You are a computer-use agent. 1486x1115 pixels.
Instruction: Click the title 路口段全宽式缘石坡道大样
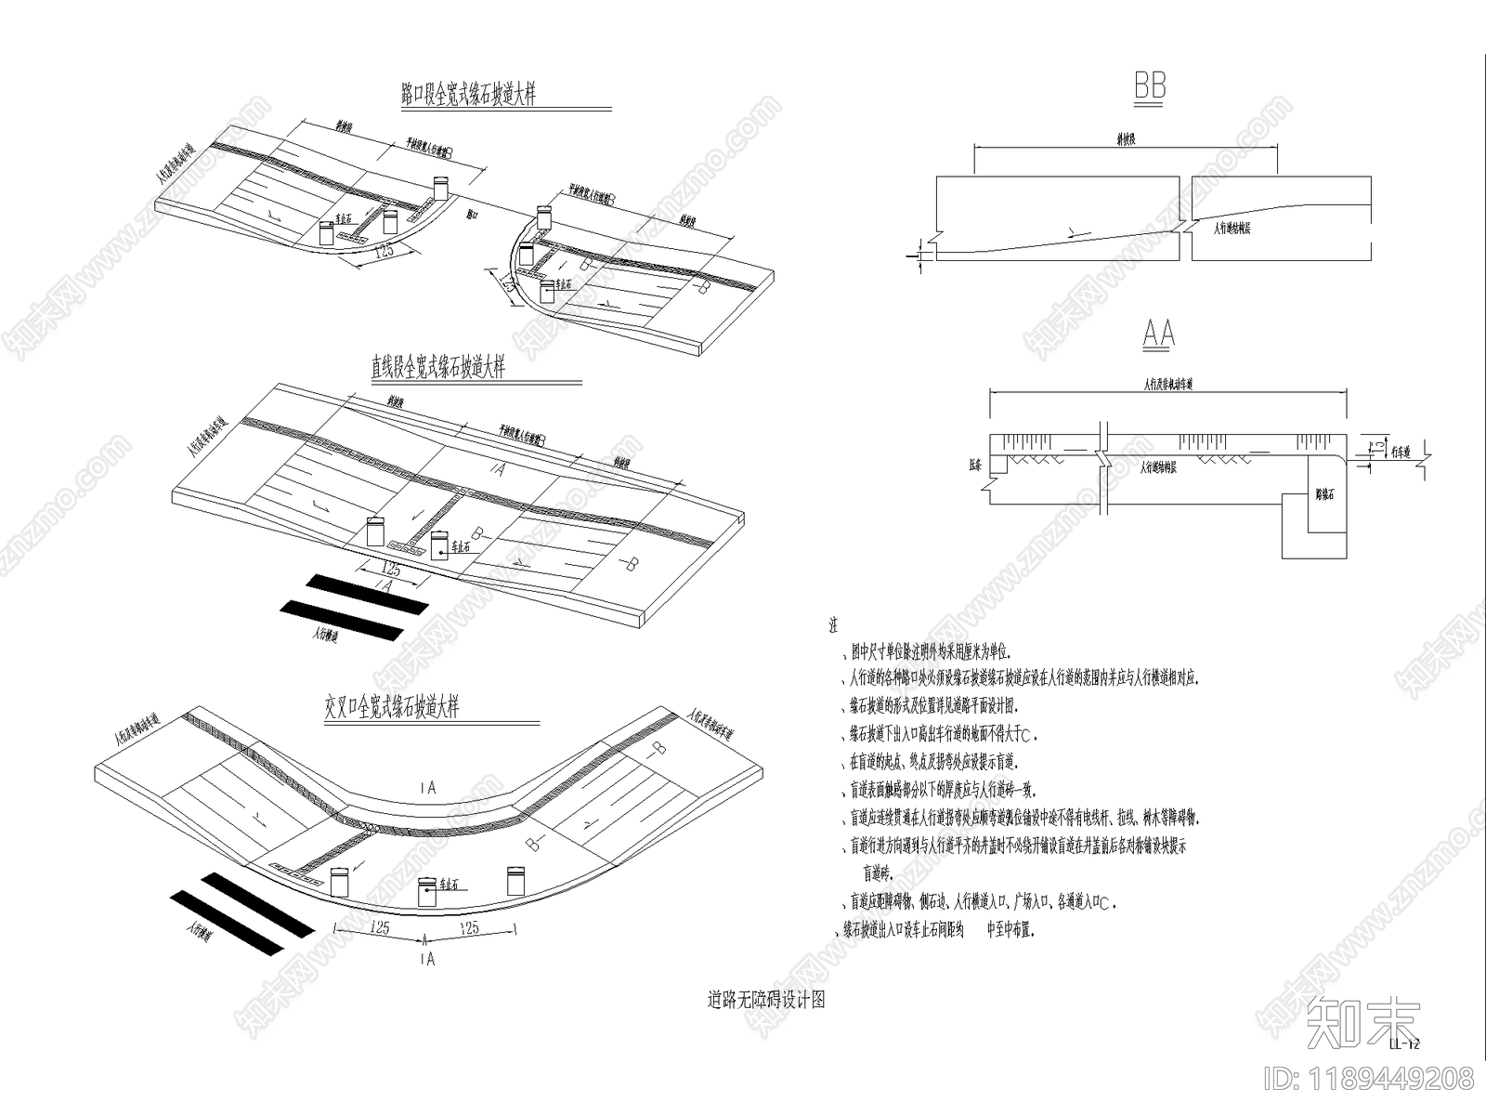(468, 95)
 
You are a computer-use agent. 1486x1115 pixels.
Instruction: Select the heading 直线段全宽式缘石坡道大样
(437, 368)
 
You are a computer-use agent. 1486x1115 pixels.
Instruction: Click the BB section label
(1150, 87)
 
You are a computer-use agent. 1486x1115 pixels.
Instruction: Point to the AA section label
(1158, 334)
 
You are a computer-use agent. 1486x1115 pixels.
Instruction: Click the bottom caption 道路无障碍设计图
(766, 1000)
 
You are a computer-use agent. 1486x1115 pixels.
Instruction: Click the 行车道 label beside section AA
(1401, 453)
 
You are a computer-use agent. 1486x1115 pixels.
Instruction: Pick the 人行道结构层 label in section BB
(1232, 228)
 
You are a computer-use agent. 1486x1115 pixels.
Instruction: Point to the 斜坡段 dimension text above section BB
(1126, 138)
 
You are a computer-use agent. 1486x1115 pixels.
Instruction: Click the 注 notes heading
(833, 626)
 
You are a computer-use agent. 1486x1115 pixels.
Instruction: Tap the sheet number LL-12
(1404, 1043)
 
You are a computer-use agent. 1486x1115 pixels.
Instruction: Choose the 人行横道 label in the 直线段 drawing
(326, 636)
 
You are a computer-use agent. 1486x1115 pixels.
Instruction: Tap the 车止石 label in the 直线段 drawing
(461, 548)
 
